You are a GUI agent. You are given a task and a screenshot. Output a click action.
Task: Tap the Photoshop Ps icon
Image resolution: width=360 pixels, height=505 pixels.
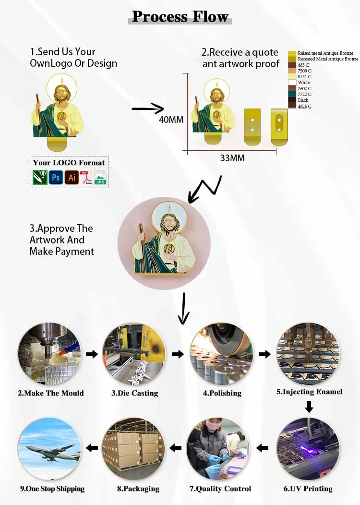pyautogui.click(x=56, y=178)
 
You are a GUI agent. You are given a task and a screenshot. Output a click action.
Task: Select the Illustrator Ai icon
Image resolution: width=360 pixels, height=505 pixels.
pyautogui.click(x=72, y=178)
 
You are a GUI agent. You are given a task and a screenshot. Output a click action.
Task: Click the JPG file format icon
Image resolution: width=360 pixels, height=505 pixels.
pyautogui.click(x=100, y=178)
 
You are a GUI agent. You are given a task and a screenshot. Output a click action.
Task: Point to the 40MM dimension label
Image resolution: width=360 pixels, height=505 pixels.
pyautogui.click(x=171, y=120)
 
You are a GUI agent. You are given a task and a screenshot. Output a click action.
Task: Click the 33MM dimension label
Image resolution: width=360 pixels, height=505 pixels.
pyautogui.click(x=232, y=157)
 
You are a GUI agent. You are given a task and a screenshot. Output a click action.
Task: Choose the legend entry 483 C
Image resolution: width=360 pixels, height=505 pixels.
pyautogui.click(x=304, y=65)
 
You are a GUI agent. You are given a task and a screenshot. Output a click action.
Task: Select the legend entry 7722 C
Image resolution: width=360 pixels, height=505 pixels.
pyautogui.click(x=304, y=95)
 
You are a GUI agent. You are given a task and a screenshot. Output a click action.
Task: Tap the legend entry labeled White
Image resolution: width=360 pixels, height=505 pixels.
pyautogui.click(x=304, y=83)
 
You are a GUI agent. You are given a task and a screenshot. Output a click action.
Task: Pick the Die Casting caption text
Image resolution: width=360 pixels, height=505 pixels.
pyautogui.click(x=134, y=393)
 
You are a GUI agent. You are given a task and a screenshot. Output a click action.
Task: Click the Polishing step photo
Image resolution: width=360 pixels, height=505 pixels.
pyautogui.click(x=221, y=354)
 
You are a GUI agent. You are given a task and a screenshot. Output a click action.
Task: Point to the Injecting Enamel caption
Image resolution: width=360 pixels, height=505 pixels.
pyautogui.click(x=309, y=392)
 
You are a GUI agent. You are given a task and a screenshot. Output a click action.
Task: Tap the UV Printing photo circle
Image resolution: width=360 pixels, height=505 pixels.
pyautogui.click(x=309, y=449)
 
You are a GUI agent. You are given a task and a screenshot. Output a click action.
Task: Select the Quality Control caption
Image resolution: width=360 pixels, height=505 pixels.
pyautogui.click(x=220, y=489)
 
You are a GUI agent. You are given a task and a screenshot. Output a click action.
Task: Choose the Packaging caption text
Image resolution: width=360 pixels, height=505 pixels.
pyautogui.click(x=138, y=489)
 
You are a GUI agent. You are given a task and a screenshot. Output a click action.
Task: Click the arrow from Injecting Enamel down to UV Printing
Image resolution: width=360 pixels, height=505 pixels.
pyautogui.click(x=309, y=407)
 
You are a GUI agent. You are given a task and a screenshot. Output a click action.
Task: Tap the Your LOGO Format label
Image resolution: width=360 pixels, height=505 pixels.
pyautogui.click(x=69, y=163)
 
